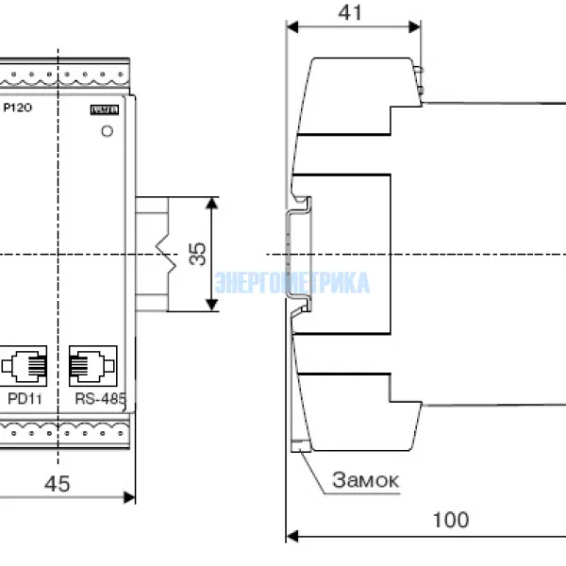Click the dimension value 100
click(x=450, y=519)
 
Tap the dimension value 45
click(x=58, y=484)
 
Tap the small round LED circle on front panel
click(x=107, y=130)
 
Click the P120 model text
click(x=18, y=108)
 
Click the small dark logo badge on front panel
click(x=104, y=109)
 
